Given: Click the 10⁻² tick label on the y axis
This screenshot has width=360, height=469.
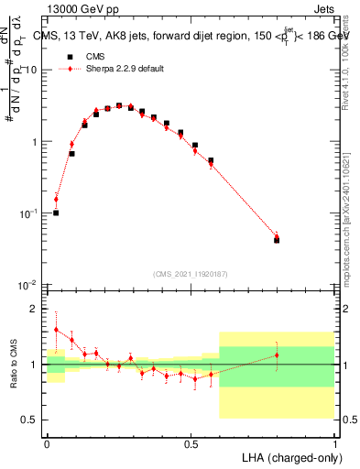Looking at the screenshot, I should pos(30,285).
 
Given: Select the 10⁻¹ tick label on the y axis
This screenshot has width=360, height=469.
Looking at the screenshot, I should pos(30,213).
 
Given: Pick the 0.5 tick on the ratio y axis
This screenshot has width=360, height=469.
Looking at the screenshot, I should pos(33,420).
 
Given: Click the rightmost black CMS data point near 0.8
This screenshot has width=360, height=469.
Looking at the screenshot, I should pos(277,240).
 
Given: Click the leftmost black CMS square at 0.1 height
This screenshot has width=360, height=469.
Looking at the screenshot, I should pos(56,213).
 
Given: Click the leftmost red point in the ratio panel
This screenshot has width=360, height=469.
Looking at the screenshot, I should pos(56,329).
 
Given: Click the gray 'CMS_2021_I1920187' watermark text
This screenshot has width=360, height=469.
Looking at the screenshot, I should pos(191,273).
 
